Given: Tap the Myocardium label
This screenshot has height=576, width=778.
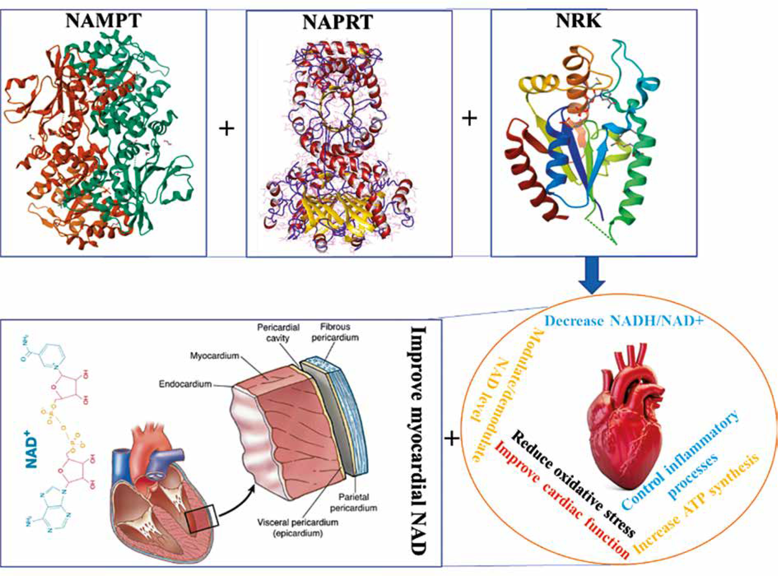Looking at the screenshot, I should [x=214, y=356].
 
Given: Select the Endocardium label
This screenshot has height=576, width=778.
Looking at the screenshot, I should [x=185, y=384].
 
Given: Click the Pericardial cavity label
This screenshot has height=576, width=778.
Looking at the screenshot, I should [x=278, y=333].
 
